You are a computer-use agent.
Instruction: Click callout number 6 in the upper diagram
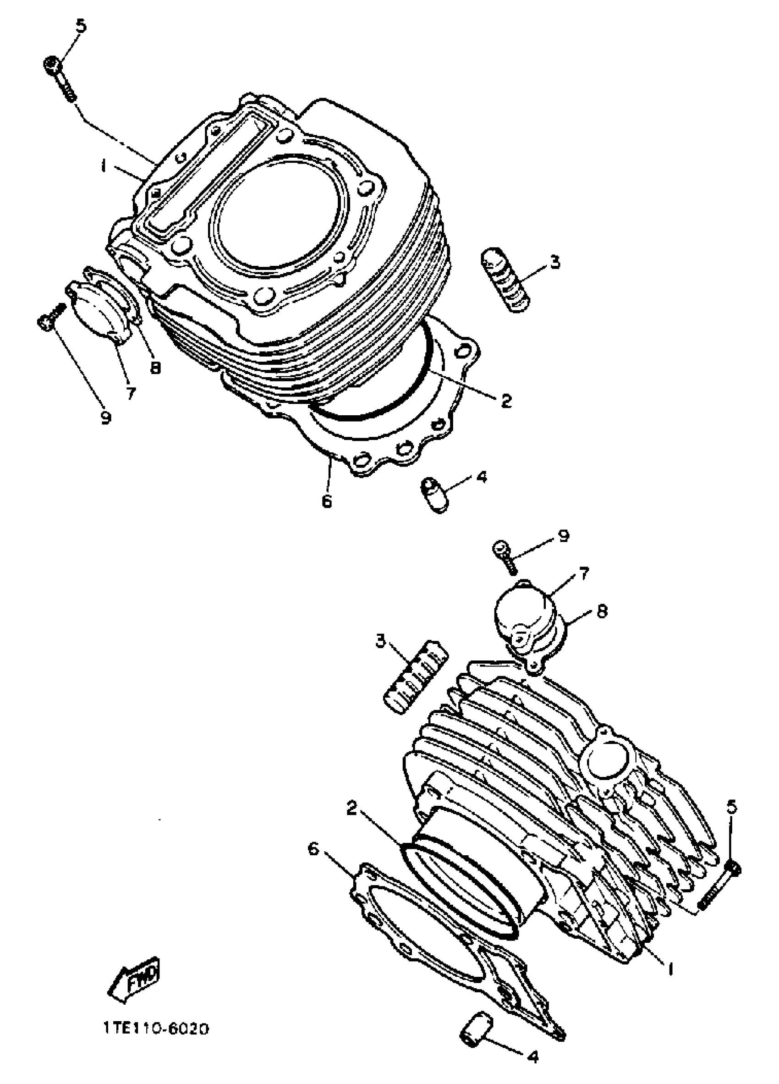[326, 501]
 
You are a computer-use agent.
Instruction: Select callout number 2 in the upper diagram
[505, 401]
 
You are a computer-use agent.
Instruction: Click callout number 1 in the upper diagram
[103, 167]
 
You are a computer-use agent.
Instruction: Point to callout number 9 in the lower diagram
[564, 536]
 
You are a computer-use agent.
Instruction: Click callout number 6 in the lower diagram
[313, 849]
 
